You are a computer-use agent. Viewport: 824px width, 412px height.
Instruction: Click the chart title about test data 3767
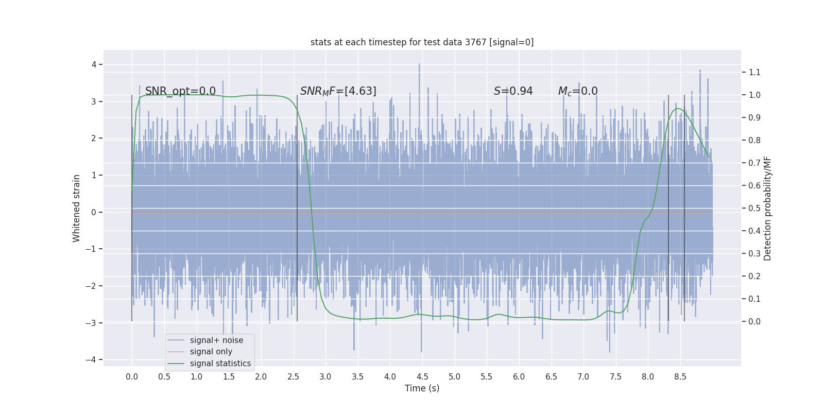422,42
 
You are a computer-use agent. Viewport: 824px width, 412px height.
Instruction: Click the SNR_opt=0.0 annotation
180,91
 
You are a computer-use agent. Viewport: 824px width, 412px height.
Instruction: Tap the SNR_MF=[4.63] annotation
338,91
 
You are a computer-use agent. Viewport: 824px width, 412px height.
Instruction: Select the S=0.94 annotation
513,91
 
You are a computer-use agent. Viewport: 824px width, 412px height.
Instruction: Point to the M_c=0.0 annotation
578,91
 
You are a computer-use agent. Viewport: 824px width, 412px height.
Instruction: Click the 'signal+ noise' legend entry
216,340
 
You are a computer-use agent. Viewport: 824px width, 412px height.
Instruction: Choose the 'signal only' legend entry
211,352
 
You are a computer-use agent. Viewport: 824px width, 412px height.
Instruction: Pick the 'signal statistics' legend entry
220,364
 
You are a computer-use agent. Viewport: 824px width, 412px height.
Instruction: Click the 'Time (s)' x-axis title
422,388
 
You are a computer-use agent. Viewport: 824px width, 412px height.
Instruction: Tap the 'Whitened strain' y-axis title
77,208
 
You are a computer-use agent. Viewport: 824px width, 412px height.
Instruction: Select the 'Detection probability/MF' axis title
767,208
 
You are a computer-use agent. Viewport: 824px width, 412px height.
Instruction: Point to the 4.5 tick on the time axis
422,376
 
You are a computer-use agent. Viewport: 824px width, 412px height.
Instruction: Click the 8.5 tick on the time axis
680,376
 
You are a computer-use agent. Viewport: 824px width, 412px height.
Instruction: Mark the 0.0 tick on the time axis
132,376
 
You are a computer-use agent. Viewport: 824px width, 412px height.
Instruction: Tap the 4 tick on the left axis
94,64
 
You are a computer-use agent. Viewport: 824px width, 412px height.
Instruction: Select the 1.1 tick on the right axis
754,72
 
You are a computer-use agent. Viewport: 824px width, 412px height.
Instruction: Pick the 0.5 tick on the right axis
754,208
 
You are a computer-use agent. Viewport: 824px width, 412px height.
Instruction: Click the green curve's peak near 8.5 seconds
678,109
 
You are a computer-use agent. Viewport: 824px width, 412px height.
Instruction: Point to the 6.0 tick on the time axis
519,376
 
